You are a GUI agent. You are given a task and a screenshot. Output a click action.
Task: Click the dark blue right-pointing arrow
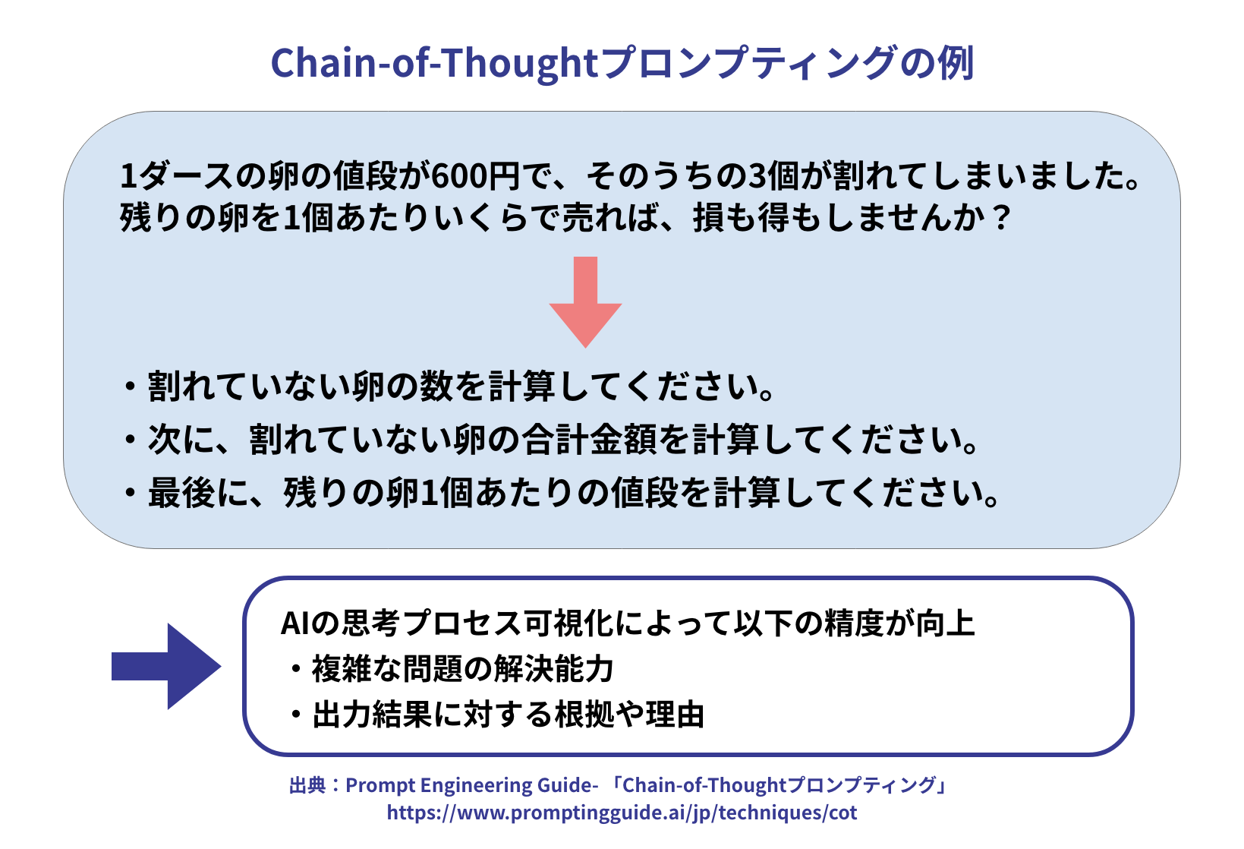click(166, 666)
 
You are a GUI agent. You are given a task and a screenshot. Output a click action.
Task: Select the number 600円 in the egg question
click(476, 176)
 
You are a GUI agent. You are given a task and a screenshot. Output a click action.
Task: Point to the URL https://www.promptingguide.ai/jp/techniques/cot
click(622, 813)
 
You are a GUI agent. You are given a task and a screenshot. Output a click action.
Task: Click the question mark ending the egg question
click(1002, 217)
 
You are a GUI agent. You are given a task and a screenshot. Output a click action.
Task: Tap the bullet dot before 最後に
click(130, 492)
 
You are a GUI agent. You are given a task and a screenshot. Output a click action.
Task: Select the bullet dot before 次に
click(130, 440)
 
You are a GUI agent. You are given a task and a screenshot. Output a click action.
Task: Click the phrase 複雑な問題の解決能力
click(463, 668)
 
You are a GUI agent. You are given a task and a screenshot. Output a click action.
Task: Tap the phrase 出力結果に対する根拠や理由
click(509, 715)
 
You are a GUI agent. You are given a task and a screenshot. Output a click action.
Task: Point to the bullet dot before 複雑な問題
click(296, 669)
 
